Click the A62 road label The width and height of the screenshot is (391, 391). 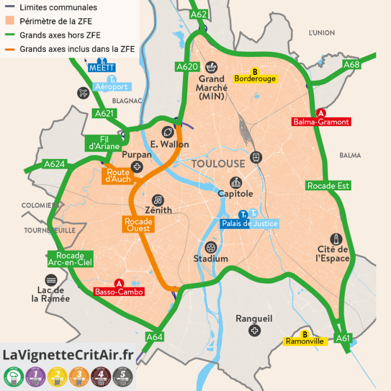click(199, 14)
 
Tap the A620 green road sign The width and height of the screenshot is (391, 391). click(187, 67)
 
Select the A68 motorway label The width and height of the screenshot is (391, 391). click(351, 65)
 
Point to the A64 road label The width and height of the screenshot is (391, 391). click(154, 337)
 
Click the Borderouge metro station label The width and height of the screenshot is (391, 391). click(255, 78)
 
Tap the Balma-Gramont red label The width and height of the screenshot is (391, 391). click(321, 122)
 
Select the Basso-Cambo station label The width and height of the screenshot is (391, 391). click(119, 292)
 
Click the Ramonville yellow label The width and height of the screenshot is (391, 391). click(305, 341)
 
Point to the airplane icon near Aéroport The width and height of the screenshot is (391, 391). click(83, 93)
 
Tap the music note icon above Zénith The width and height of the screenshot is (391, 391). click(158, 200)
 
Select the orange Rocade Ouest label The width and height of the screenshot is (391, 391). click(138, 225)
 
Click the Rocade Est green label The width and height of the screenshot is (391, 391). click(328, 186)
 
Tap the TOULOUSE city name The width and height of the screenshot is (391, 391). click(218, 164)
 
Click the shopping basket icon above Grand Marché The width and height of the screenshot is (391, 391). click(211, 66)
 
